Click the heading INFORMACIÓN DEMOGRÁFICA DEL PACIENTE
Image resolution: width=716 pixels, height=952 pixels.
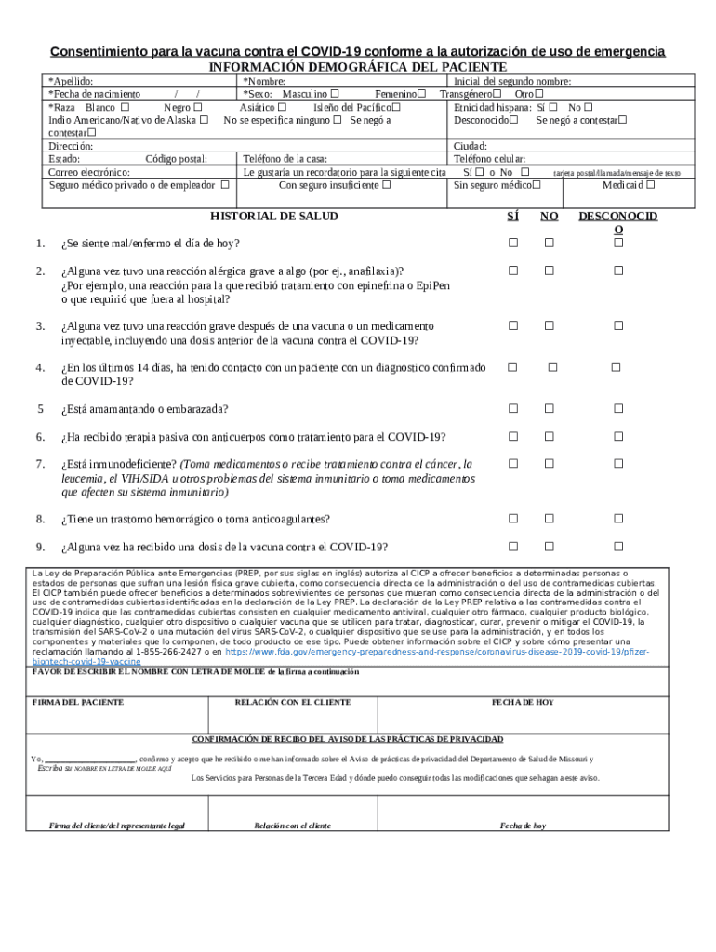pyautogui.click(x=358, y=68)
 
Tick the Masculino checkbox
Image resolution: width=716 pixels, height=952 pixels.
pyautogui.click(x=335, y=94)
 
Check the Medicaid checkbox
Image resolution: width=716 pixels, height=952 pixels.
pyautogui.click(x=650, y=185)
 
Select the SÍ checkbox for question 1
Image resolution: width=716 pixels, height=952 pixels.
pyautogui.click(x=511, y=244)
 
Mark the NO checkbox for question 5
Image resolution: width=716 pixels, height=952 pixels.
pyautogui.click(x=549, y=409)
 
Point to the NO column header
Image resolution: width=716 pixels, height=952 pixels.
pyautogui.click(x=549, y=217)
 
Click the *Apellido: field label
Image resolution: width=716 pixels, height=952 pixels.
pyautogui.click(x=71, y=82)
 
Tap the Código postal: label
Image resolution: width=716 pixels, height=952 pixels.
pyautogui.click(x=177, y=160)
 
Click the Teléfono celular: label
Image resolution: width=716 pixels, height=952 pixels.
pyautogui.click(x=489, y=160)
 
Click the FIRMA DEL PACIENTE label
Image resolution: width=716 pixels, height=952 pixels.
pyautogui.click(x=78, y=703)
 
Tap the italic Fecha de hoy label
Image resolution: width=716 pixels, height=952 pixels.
pyautogui.click(x=522, y=826)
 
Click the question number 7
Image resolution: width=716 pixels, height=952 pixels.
pyautogui.click(x=40, y=464)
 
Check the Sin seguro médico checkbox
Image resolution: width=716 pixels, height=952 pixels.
pyautogui.click(x=536, y=185)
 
